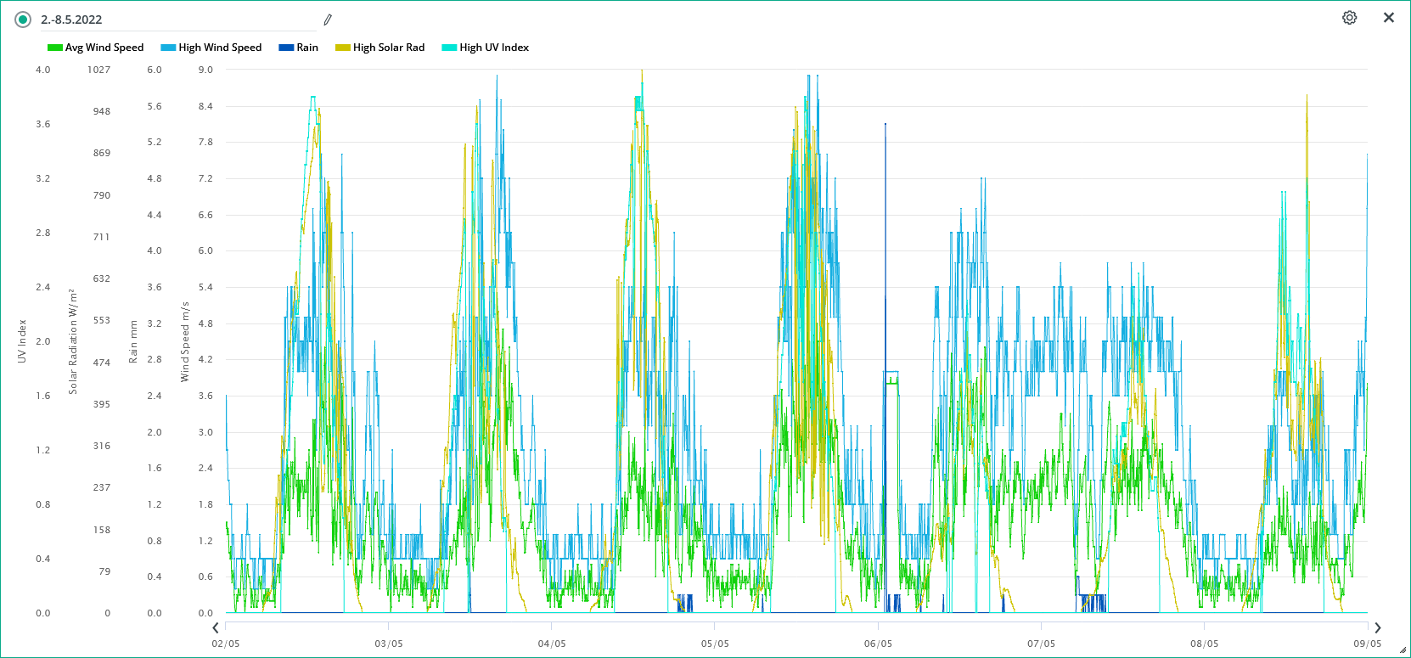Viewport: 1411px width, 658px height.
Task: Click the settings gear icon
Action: [x=1349, y=18]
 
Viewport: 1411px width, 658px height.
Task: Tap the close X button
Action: [x=1389, y=18]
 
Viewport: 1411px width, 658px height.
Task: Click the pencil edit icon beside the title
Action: [x=328, y=20]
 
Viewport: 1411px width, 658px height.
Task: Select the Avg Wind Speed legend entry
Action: [x=96, y=48]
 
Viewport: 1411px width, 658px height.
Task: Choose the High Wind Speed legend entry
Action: [x=211, y=48]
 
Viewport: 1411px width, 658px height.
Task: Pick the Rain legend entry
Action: [x=299, y=48]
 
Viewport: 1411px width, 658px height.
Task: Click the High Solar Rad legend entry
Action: [x=380, y=48]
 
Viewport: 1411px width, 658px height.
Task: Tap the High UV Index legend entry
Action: [x=486, y=48]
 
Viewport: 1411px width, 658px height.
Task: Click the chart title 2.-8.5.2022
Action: [x=71, y=20]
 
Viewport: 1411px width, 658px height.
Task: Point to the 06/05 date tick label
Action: [x=878, y=644]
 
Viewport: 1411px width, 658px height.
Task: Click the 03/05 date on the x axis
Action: [x=389, y=644]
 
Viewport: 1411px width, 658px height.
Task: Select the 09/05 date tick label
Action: [x=1367, y=644]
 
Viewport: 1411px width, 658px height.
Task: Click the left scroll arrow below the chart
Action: [x=216, y=627]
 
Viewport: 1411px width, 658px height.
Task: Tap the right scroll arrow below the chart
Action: [x=1378, y=627]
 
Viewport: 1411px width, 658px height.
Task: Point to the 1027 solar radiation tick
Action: [x=98, y=70]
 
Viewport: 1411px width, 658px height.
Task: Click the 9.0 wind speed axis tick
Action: [x=205, y=70]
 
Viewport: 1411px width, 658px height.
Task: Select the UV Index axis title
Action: [x=22, y=341]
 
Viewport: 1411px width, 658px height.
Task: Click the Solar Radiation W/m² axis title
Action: [x=73, y=341]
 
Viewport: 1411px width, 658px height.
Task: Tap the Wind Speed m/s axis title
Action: [x=184, y=341]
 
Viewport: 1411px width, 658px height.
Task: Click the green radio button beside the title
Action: [x=23, y=20]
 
